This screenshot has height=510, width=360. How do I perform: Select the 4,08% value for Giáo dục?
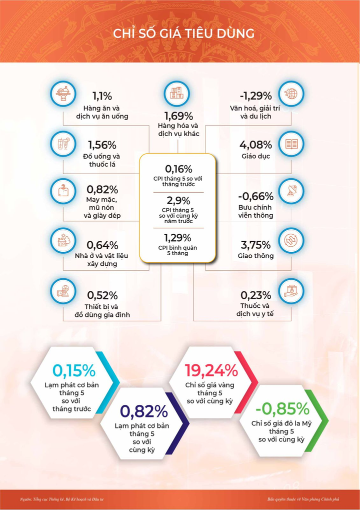tap(255, 145)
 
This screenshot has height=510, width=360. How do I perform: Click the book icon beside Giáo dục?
tap(291, 144)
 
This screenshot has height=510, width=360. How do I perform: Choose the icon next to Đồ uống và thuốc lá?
tap(63, 144)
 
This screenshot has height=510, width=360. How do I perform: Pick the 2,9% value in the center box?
tap(178, 200)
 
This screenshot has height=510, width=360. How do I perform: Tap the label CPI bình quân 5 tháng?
tap(178, 251)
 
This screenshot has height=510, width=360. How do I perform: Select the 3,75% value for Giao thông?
tap(255, 245)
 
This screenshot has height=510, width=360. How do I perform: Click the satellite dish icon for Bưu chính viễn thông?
tap(291, 193)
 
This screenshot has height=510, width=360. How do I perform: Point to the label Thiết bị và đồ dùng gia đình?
tap(105, 311)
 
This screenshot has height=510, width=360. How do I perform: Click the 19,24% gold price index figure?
tap(211, 370)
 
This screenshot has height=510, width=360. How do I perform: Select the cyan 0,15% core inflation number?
tap(73, 371)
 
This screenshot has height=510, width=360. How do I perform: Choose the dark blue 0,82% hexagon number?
tap(144, 411)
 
